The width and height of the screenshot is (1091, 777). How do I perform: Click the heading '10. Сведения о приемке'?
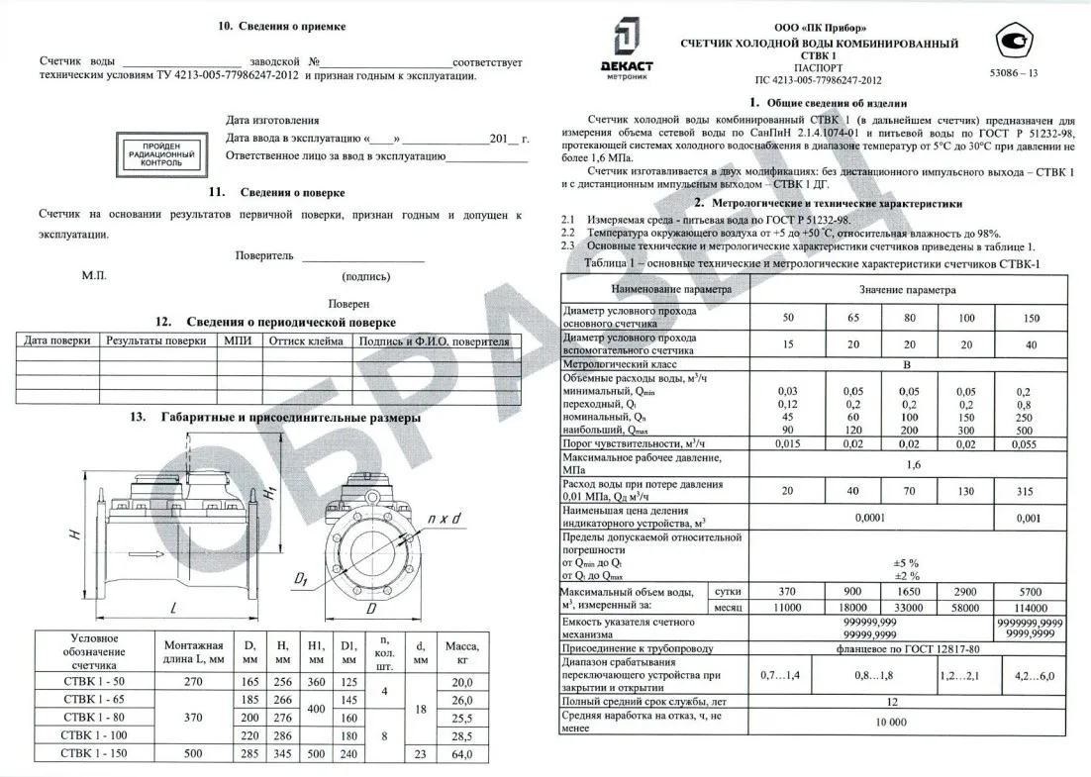pos(282,26)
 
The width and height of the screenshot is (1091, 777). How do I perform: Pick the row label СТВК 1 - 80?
pos(94,717)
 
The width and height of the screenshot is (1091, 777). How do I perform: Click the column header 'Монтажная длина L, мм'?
pos(194,650)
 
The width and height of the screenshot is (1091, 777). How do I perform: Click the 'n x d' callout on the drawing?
pos(446,520)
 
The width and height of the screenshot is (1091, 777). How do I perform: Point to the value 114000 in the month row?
pos(1030,607)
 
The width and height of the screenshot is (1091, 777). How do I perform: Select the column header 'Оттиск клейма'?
pos(306,341)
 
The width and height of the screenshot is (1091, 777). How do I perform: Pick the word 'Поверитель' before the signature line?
pos(264,255)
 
